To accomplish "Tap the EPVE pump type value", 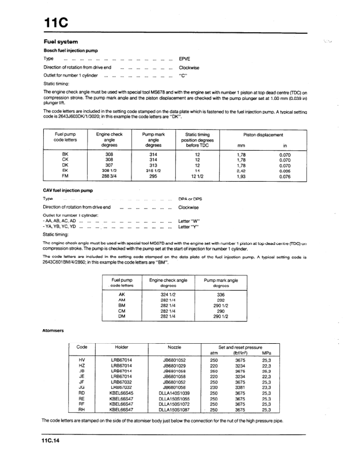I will (185, 60).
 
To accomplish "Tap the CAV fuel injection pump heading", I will (68, 191).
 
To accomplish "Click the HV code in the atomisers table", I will (82, 360).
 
